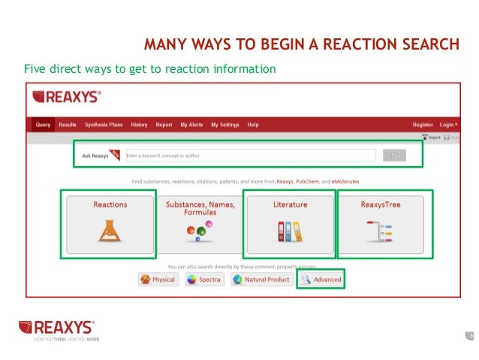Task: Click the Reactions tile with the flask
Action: (x=110, y=222)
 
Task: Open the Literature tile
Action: (x=289, y=222)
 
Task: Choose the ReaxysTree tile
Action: (x=380, y=222)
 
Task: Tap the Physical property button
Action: (x=158, y=280)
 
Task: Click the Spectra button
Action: (x=204, y=280)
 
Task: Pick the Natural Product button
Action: (x=260, y=280)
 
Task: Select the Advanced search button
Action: (x=321, y=280)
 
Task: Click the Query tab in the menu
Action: (x=43, y=124)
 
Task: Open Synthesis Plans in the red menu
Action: (x=104, y=124)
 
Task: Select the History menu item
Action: (x=139, y=124)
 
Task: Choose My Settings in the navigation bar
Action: (x=225, y=124)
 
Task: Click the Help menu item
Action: (x=253, y=124)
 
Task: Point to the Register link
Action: (x=423, y=124)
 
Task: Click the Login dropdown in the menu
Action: (x=449, y=124)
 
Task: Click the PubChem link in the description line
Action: (x=309, y=181)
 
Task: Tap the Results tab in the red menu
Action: (x=68, y=124)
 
